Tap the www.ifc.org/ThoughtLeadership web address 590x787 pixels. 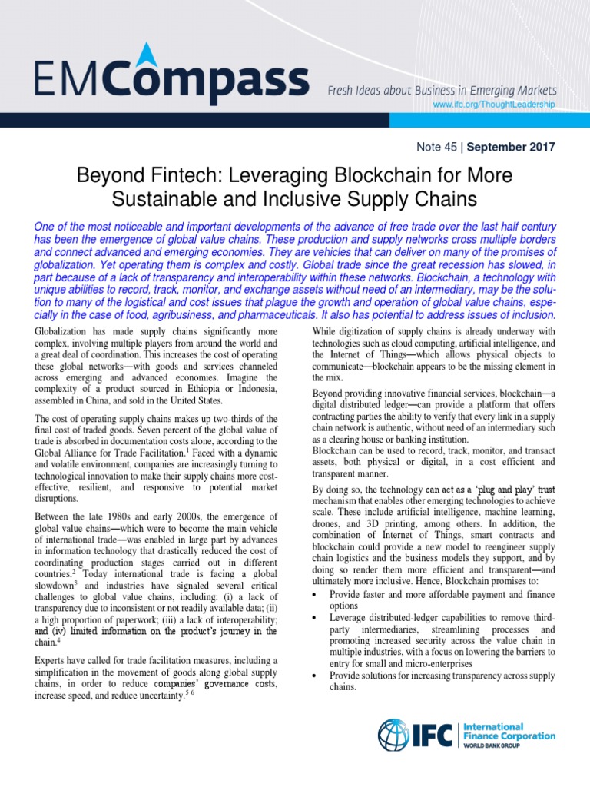(x=493, y=104)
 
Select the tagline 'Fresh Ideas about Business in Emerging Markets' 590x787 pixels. (x=441, y=90)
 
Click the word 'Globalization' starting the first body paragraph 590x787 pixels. (x=61, y=331)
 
